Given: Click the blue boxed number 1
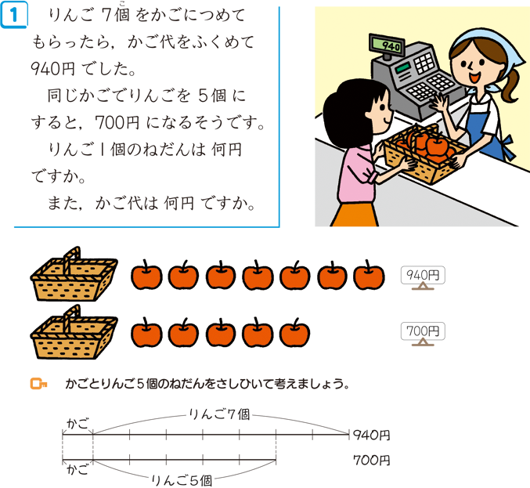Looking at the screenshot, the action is [14, 16].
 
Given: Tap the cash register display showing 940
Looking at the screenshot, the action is [387, 45].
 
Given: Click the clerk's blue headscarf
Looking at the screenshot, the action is [489, 47].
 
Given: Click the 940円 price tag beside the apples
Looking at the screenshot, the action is [423, 276].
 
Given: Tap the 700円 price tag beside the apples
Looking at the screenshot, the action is [423, 331].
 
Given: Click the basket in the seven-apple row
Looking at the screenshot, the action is [74, 275].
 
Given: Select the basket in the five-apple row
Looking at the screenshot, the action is [74, 332].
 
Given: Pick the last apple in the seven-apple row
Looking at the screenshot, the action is [369, 275].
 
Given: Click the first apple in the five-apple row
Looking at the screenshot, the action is [146, 333].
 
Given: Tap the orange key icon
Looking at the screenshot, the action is [38, 384].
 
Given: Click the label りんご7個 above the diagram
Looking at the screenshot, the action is [219, 414].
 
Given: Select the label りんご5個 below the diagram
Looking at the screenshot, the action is [182, 480].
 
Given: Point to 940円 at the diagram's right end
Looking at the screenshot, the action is [372, 435].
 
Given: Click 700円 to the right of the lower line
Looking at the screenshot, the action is [372, 461].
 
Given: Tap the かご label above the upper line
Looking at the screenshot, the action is [78, 424].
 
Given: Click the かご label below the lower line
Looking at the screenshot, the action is [78, 470].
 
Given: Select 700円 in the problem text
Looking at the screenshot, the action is [117, 122].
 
